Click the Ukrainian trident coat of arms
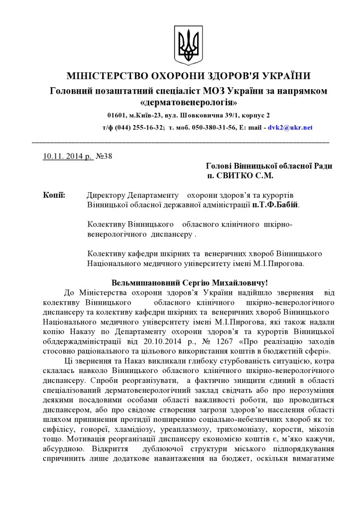(188, 43)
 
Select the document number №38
(104, 156)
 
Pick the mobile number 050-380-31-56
(213, 127)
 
